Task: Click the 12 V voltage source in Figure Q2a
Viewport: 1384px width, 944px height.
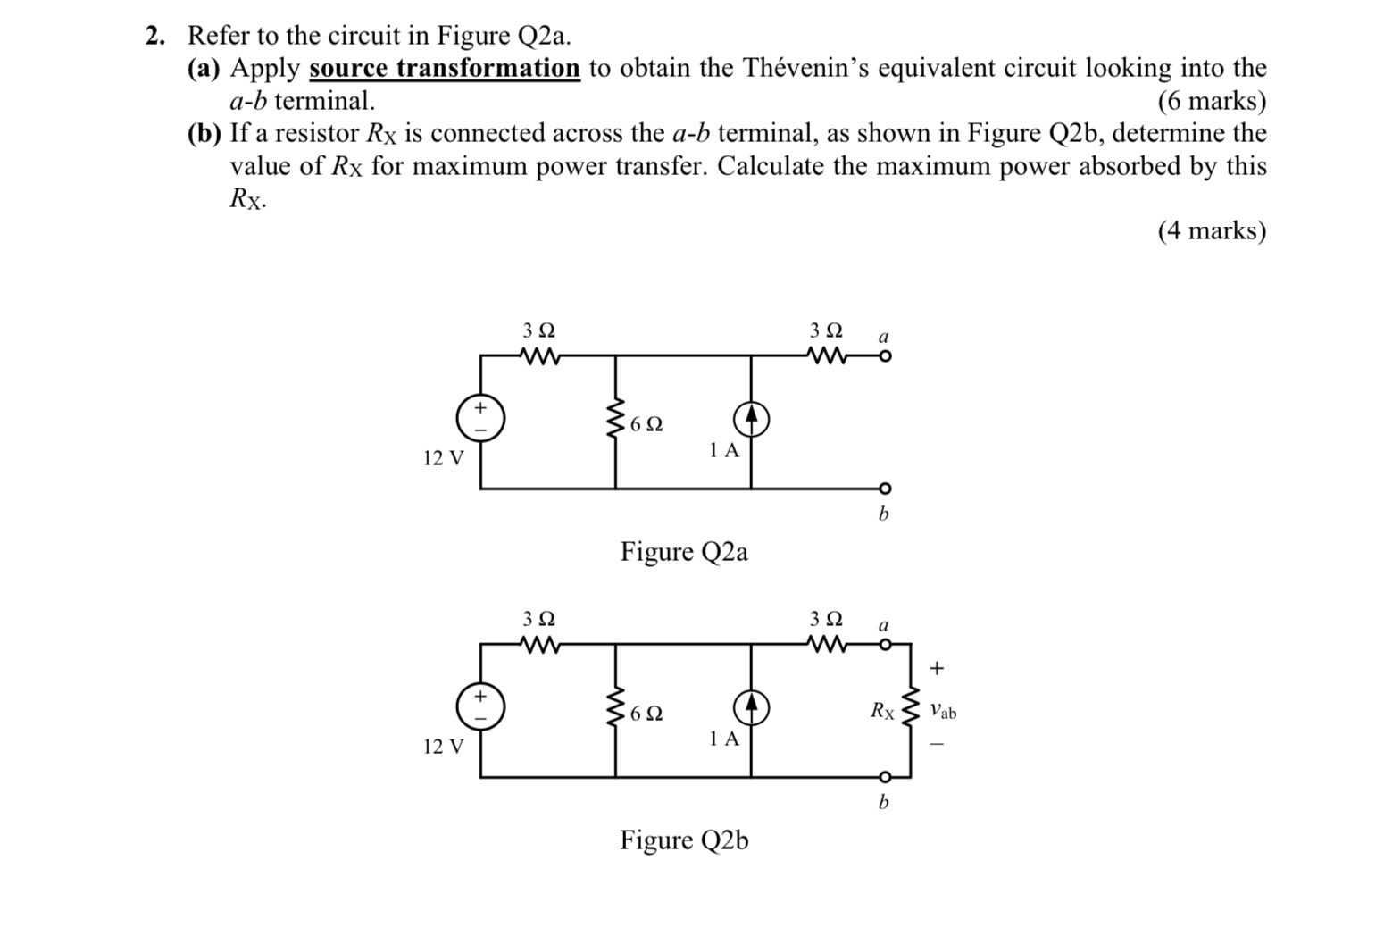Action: coord(480,418)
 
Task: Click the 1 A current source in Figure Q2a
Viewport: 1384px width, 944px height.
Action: coord(751,418)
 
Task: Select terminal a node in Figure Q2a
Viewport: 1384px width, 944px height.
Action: coord(884,356)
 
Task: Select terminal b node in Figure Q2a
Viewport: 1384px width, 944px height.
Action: coord(884,489)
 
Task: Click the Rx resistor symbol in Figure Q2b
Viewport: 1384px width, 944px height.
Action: coord(910,710)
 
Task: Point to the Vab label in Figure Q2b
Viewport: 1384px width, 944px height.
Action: coord(942,712)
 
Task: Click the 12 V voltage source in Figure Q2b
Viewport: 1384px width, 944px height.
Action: coord(480,706)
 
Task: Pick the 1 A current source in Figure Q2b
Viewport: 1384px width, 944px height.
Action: coord(751,706)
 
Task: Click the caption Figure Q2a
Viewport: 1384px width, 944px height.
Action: coord(684,552)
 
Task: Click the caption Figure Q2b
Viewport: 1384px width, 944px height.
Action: coord(684,840)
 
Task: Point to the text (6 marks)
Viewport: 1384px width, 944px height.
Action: coord(1212,101)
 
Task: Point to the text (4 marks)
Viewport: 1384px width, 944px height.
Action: coord(1212,230)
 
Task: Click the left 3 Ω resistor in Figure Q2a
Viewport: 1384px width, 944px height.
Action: coord(539,356)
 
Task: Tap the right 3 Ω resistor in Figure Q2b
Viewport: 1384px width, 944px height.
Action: coord(826,644)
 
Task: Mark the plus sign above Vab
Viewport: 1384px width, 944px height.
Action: coord(937,667)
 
